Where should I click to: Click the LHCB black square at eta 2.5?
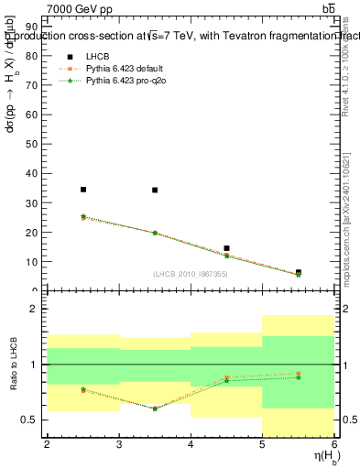pos(83,190)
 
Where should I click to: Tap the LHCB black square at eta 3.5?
pos(155,191)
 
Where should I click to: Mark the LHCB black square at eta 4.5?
pos(226,248)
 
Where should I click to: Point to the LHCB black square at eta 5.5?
pos(299,272)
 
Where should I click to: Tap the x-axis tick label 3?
pos(119,444)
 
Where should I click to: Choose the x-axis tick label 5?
pos(263,444)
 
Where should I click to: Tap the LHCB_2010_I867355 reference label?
pos(191,274)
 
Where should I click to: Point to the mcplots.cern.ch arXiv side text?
pos(346,211)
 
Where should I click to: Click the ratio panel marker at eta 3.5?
pos(155,409)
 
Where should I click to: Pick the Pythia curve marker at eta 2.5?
pos(83,217)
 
